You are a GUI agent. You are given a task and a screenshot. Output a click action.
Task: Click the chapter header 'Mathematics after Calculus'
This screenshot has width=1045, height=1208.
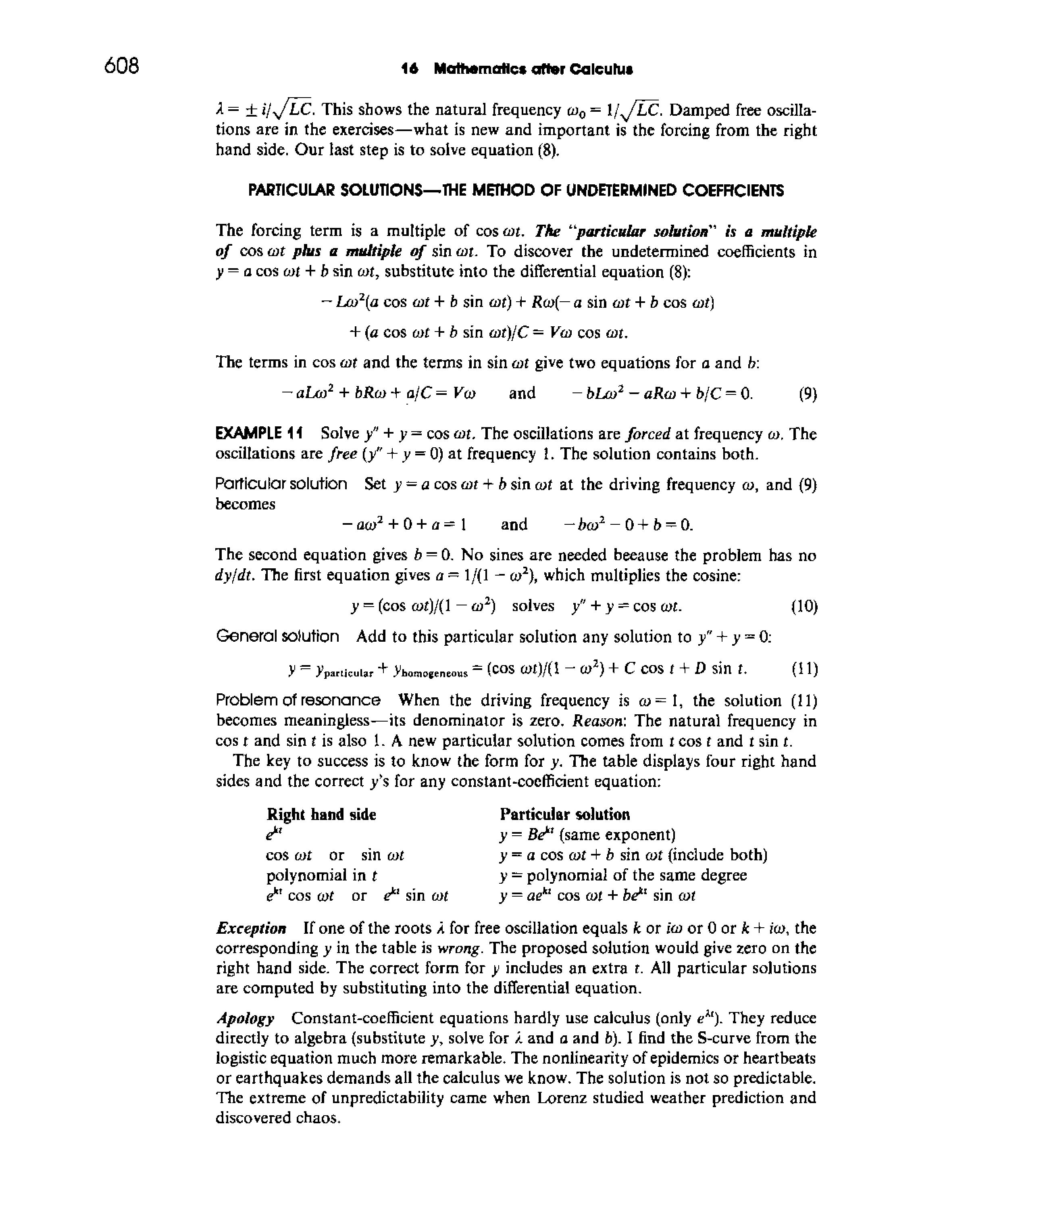pyautogui.click(x=533, y=69)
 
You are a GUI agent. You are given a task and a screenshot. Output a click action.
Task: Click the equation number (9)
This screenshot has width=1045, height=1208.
pyautogui.click(x=808, y=395)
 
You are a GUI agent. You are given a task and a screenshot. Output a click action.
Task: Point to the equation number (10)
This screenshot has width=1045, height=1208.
pyautogui.click(x=804, y=607)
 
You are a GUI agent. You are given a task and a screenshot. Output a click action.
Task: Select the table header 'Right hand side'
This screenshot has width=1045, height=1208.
pyautogui.click(x=321, y=815)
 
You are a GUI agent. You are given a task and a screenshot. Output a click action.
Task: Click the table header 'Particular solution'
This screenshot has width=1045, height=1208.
pyautogui.click(x=564, y=815)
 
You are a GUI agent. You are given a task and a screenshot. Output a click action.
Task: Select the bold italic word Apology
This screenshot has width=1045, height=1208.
pyautogui.click(x=246, y=1018)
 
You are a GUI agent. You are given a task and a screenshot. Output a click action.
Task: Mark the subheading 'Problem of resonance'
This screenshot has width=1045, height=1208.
pyautogui.click(x=298, y=700)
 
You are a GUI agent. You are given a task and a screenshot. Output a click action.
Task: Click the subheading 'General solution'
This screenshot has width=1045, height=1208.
pyautogui.click(x=277, y=636)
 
